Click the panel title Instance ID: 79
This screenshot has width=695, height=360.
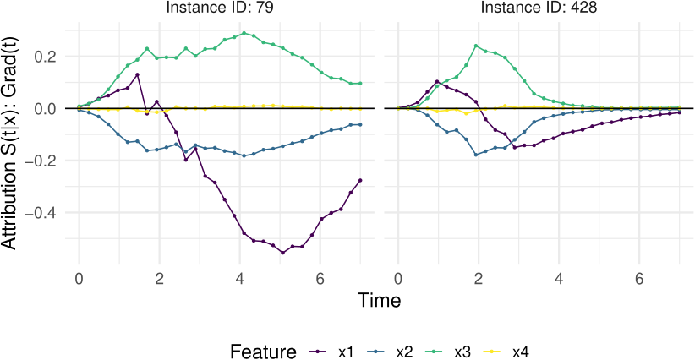(219, 7)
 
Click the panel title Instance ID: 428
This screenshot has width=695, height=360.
(539, 7)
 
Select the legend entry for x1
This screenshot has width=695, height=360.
(332, 352)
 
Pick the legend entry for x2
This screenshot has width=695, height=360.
(390, 352)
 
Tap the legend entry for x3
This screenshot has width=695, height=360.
(448, 352)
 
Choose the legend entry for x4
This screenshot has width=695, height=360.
(506, 352)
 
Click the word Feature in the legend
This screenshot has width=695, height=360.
(263, 352)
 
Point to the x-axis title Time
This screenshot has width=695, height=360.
(380, 300)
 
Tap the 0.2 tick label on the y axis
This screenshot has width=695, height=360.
(47, 57)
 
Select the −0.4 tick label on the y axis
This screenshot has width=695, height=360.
(42, 213)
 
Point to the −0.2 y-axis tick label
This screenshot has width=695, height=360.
(42, 161)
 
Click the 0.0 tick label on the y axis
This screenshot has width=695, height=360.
(47, 109)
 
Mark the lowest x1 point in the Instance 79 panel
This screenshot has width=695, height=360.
(282, 253)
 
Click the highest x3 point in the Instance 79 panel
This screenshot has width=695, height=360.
(244, 33)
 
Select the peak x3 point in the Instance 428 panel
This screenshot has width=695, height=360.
(476, 46)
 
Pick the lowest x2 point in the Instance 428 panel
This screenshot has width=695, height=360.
(476, 155)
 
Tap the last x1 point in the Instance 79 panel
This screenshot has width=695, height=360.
(360, 180)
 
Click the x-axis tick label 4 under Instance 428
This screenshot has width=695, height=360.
(559, 280)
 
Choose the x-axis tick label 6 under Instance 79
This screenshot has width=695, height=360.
(320, 280)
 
